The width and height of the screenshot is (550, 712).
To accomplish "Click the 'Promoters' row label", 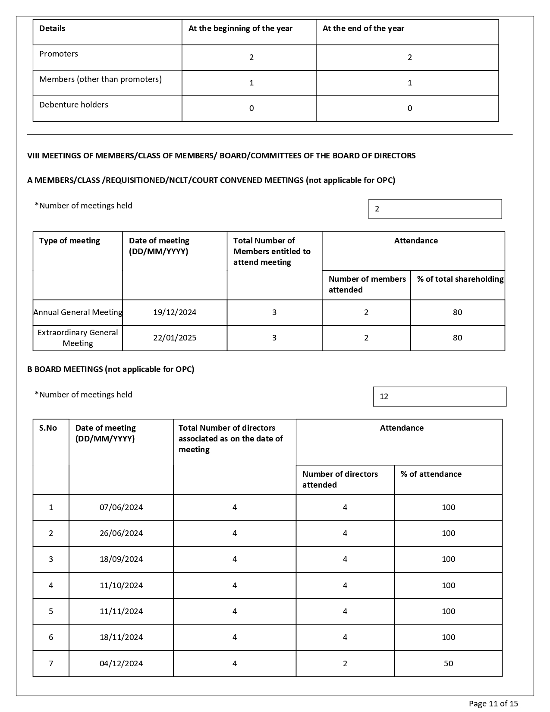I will [x=59, y=54].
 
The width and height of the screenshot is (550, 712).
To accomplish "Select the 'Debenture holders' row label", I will [x=74, y=105].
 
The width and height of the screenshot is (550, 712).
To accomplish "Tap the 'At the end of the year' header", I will [x=363, y=28].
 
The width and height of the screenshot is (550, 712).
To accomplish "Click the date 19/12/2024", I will [x=175, y=312].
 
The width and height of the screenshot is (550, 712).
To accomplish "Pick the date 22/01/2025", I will [x=175, y=338].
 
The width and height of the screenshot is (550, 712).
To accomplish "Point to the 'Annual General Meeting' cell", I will [x=78, y=312].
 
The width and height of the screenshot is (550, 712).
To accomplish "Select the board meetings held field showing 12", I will [x=439, y=397].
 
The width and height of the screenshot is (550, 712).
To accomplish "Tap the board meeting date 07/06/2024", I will [x=121, y=507].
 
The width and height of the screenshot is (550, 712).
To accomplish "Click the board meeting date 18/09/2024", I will [x=121, y=559].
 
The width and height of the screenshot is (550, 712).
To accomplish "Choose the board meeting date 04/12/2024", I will [x=121, y=664].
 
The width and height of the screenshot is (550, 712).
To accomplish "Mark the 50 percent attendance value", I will [x=448, y=664].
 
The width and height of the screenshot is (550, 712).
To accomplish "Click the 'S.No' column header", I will [x=48, y=428].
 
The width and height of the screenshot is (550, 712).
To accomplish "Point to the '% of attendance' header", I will [x=431, y=474].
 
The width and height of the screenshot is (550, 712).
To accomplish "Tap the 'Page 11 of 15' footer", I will [x=493, y=704].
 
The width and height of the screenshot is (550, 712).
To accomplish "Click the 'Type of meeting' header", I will [x=69, y=241].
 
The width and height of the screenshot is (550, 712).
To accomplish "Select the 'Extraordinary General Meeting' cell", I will [x=78, y=338].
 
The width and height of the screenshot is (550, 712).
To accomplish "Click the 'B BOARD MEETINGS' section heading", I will [x=110, y=369].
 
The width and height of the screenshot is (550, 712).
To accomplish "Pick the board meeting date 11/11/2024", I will [x=121, y=611].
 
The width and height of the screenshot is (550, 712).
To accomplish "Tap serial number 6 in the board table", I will [x=51, y=637].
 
